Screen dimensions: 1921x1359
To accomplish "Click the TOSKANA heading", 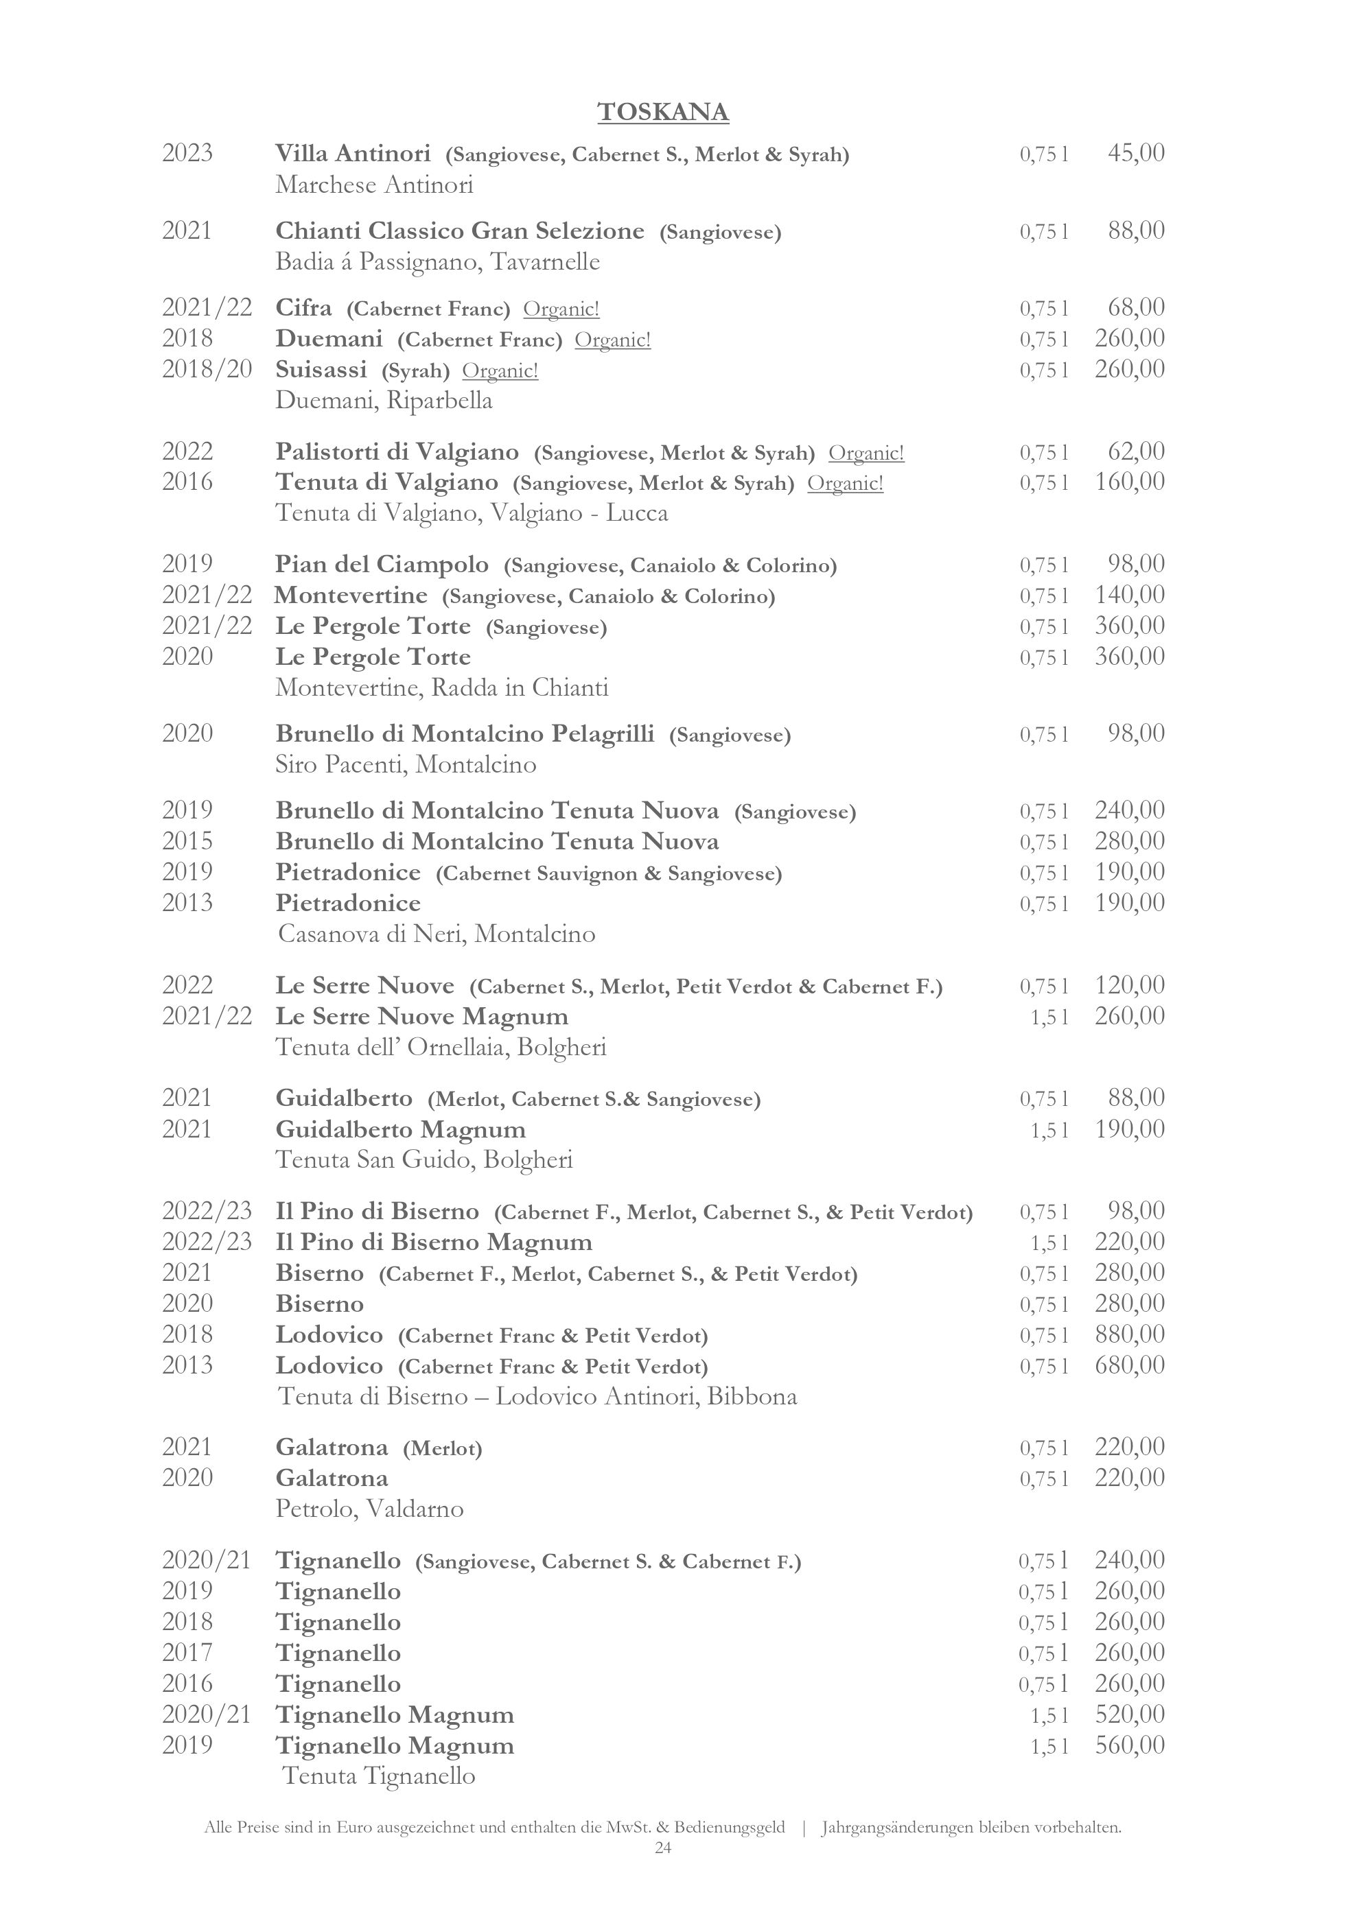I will point(663,112).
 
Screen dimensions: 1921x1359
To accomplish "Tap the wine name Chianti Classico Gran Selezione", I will point(459,231).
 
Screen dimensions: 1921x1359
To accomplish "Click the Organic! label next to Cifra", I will point(561,309).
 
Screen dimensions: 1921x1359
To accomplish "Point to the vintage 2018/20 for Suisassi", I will point(207,369).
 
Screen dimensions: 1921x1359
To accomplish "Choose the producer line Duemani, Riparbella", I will point(383,400).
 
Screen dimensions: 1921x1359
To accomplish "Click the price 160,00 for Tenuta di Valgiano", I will point(1129,481).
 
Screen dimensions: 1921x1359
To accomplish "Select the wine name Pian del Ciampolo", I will point(382,565).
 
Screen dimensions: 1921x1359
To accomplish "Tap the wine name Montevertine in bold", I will point(351,596).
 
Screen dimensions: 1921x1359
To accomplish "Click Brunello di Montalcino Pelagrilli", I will point(465,734).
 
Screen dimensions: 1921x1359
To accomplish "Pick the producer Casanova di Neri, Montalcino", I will point(436,934).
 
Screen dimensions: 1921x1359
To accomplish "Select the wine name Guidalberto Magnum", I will point(401,1129).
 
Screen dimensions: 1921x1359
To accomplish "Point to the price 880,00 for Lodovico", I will point(1129,1334).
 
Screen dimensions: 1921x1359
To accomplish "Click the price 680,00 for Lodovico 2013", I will point(1129,1365).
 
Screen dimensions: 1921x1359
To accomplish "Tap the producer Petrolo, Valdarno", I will point(369,1509).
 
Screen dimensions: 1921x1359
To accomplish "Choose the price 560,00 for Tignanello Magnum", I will point(1129,1745).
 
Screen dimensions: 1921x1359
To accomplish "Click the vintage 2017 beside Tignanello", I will point(187,1653).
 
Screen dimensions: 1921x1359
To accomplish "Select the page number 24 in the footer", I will point(663,1848).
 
